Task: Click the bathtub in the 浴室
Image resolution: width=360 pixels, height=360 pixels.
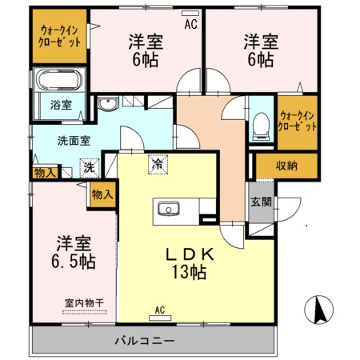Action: (x=59, y=79)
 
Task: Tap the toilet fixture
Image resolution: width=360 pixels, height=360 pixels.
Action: (x=261, y=126)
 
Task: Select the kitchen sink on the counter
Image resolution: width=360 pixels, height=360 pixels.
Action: (x=168, y=209)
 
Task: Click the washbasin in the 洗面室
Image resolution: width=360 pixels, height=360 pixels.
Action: (x=108, y=103)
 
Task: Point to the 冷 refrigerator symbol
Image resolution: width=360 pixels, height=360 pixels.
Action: (x=158, y=165)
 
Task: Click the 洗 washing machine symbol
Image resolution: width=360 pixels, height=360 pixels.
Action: (x=90, y=168)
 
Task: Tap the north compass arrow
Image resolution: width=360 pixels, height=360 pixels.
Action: (x=319, y=310)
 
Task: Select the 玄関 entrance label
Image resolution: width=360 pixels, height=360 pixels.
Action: (x=262, y=202)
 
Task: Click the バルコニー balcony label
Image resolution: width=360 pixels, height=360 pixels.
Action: (x=145, y=341)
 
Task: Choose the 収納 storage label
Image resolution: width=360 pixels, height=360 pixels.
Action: (x=286, y=166)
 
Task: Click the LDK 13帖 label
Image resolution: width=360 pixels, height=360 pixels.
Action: (x=189, y=263)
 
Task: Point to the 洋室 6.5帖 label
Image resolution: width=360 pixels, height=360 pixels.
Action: (x=74, y=252)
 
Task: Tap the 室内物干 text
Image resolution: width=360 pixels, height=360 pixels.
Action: (x=84, y=303)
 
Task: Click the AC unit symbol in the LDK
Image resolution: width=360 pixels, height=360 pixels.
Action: (x=160, y=318)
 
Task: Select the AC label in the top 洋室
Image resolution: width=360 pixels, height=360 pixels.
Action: (x=191, y=24)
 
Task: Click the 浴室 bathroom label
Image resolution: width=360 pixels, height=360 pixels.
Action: (x=61, y=105)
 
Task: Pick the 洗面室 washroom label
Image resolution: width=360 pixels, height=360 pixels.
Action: (x=74, y=141)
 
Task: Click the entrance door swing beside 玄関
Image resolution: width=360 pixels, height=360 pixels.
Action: (x=290, y=210)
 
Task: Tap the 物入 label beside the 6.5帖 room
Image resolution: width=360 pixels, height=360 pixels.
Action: (x=102, y=195)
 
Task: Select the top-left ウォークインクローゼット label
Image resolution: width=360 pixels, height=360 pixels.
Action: (x=59, y=37)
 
